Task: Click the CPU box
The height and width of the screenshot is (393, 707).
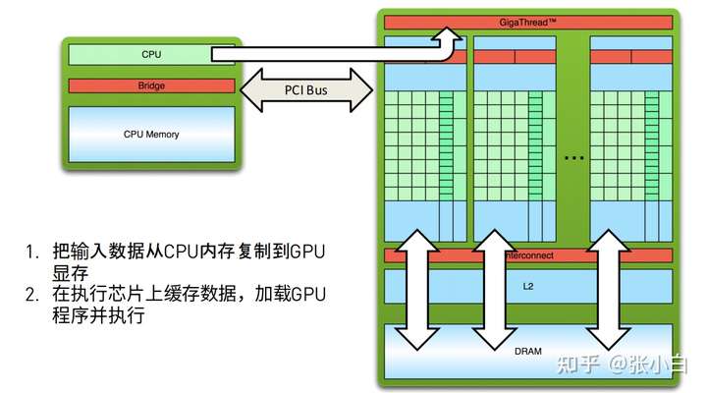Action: [151, 54]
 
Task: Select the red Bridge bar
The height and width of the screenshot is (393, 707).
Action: [151, 86]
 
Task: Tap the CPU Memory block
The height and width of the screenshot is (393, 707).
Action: [151, 134]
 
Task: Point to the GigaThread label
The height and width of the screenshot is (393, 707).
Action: [528, 22]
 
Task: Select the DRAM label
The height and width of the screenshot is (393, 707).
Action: [528, 351]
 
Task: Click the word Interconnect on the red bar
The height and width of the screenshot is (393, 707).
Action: [530, 255]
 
